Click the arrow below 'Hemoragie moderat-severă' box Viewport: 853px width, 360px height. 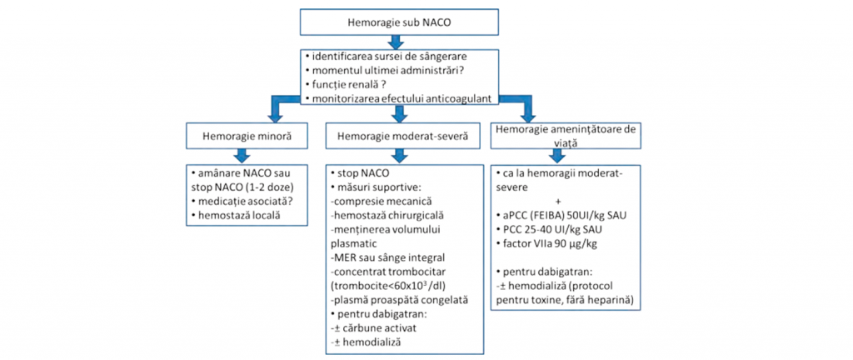tap(400, 155)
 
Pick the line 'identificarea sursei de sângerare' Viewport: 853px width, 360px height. tap(380, 57)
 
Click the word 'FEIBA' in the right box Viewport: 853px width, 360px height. tap(551, 215)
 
